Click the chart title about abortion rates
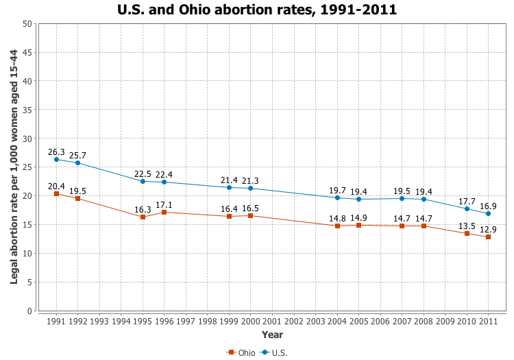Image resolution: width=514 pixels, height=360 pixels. point(257,10)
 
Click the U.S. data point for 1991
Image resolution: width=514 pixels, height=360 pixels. point(56,160)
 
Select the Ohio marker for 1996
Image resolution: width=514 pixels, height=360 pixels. point(164,213)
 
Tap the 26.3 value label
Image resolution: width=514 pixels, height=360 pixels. point(56,152)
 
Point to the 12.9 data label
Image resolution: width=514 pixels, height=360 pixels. point(489,229)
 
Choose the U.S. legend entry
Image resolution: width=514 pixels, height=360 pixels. point(274,352)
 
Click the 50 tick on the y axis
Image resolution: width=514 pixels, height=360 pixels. point(27,23)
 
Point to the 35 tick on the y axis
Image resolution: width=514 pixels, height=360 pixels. point(27,110)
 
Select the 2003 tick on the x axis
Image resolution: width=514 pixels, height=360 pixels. point(315,321)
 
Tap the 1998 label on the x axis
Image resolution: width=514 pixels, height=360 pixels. point(208,321)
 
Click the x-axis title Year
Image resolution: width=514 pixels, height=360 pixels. point(272,335)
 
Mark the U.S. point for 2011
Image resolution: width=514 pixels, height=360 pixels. point(489,214)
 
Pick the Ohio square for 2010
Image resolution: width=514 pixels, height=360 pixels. point(467,234)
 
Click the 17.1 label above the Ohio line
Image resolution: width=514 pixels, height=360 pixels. point(164,205)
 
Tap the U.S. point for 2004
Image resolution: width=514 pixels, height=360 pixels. point(337,197)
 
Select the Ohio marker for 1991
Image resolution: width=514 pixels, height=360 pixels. point(56,194)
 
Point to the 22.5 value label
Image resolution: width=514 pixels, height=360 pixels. point(143,173)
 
